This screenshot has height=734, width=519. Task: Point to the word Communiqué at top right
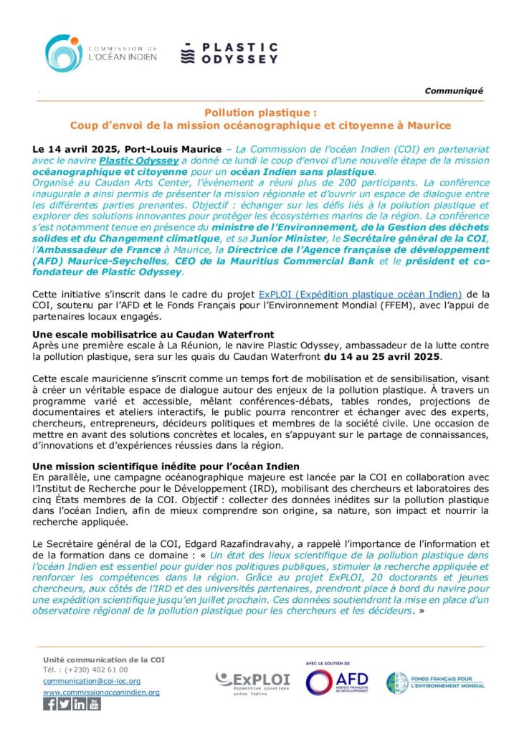[454, 90]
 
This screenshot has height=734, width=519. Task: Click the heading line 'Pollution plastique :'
[260, 113]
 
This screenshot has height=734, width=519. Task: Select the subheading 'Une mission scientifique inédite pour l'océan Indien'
[166, 447]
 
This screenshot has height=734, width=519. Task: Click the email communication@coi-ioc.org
[92, 681]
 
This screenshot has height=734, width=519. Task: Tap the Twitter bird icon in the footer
[65, 704]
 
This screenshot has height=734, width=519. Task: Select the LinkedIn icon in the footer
[80, 704]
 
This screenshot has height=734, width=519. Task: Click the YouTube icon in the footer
[95, 704]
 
